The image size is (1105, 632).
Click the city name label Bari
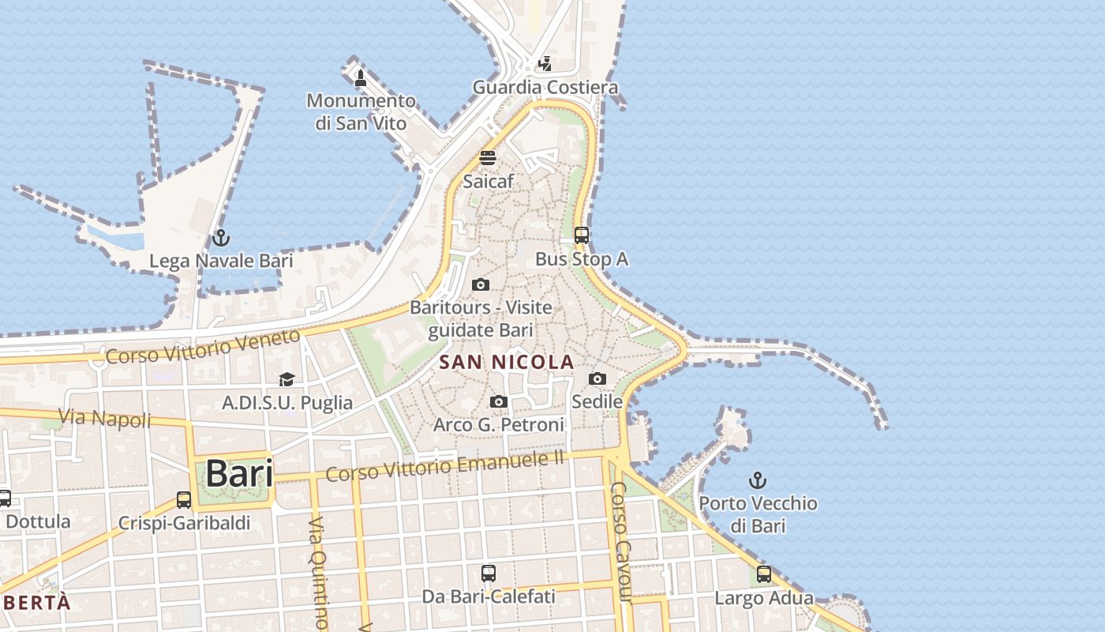(239, 473)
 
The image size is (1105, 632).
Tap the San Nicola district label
(506, 363)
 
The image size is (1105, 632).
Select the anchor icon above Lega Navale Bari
(221, 238)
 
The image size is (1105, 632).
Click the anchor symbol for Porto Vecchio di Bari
(758, 480)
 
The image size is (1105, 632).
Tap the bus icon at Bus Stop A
(582, 235)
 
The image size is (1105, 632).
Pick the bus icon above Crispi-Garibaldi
(184, 500)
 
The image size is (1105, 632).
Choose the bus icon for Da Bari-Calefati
(489, 574)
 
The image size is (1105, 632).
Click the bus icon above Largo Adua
(763, 575)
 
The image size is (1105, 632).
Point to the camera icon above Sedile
(597, 379)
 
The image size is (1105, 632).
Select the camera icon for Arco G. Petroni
(498, 402)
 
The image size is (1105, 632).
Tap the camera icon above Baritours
(480, 285)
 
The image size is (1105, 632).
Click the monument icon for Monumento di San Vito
(361, 78)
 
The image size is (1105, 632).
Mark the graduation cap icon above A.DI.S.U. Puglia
(287, 380)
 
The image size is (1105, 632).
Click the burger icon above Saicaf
(488, 158)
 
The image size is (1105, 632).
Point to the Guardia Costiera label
(545, 87)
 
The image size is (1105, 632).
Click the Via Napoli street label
(104, 418)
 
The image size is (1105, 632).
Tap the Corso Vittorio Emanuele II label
(446, 466)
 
